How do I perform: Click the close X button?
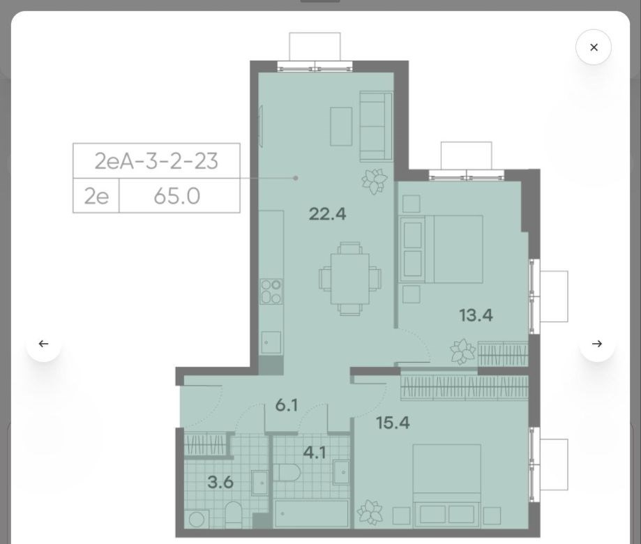594,47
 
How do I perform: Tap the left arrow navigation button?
43,344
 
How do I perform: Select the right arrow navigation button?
597,344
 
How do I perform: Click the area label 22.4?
327,213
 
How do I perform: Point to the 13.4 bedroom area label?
476,315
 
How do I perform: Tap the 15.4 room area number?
393,423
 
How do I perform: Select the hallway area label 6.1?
287,405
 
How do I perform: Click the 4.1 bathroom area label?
315,453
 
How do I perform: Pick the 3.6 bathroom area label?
220,483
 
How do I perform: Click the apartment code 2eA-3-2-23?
156,161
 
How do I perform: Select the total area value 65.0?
177,196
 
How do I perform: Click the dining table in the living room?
350,279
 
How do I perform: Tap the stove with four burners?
271,291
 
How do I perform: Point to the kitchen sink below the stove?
271,342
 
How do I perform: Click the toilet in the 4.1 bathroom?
287,473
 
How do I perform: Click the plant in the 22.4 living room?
374,181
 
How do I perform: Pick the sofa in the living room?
376,126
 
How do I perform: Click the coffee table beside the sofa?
341,127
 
